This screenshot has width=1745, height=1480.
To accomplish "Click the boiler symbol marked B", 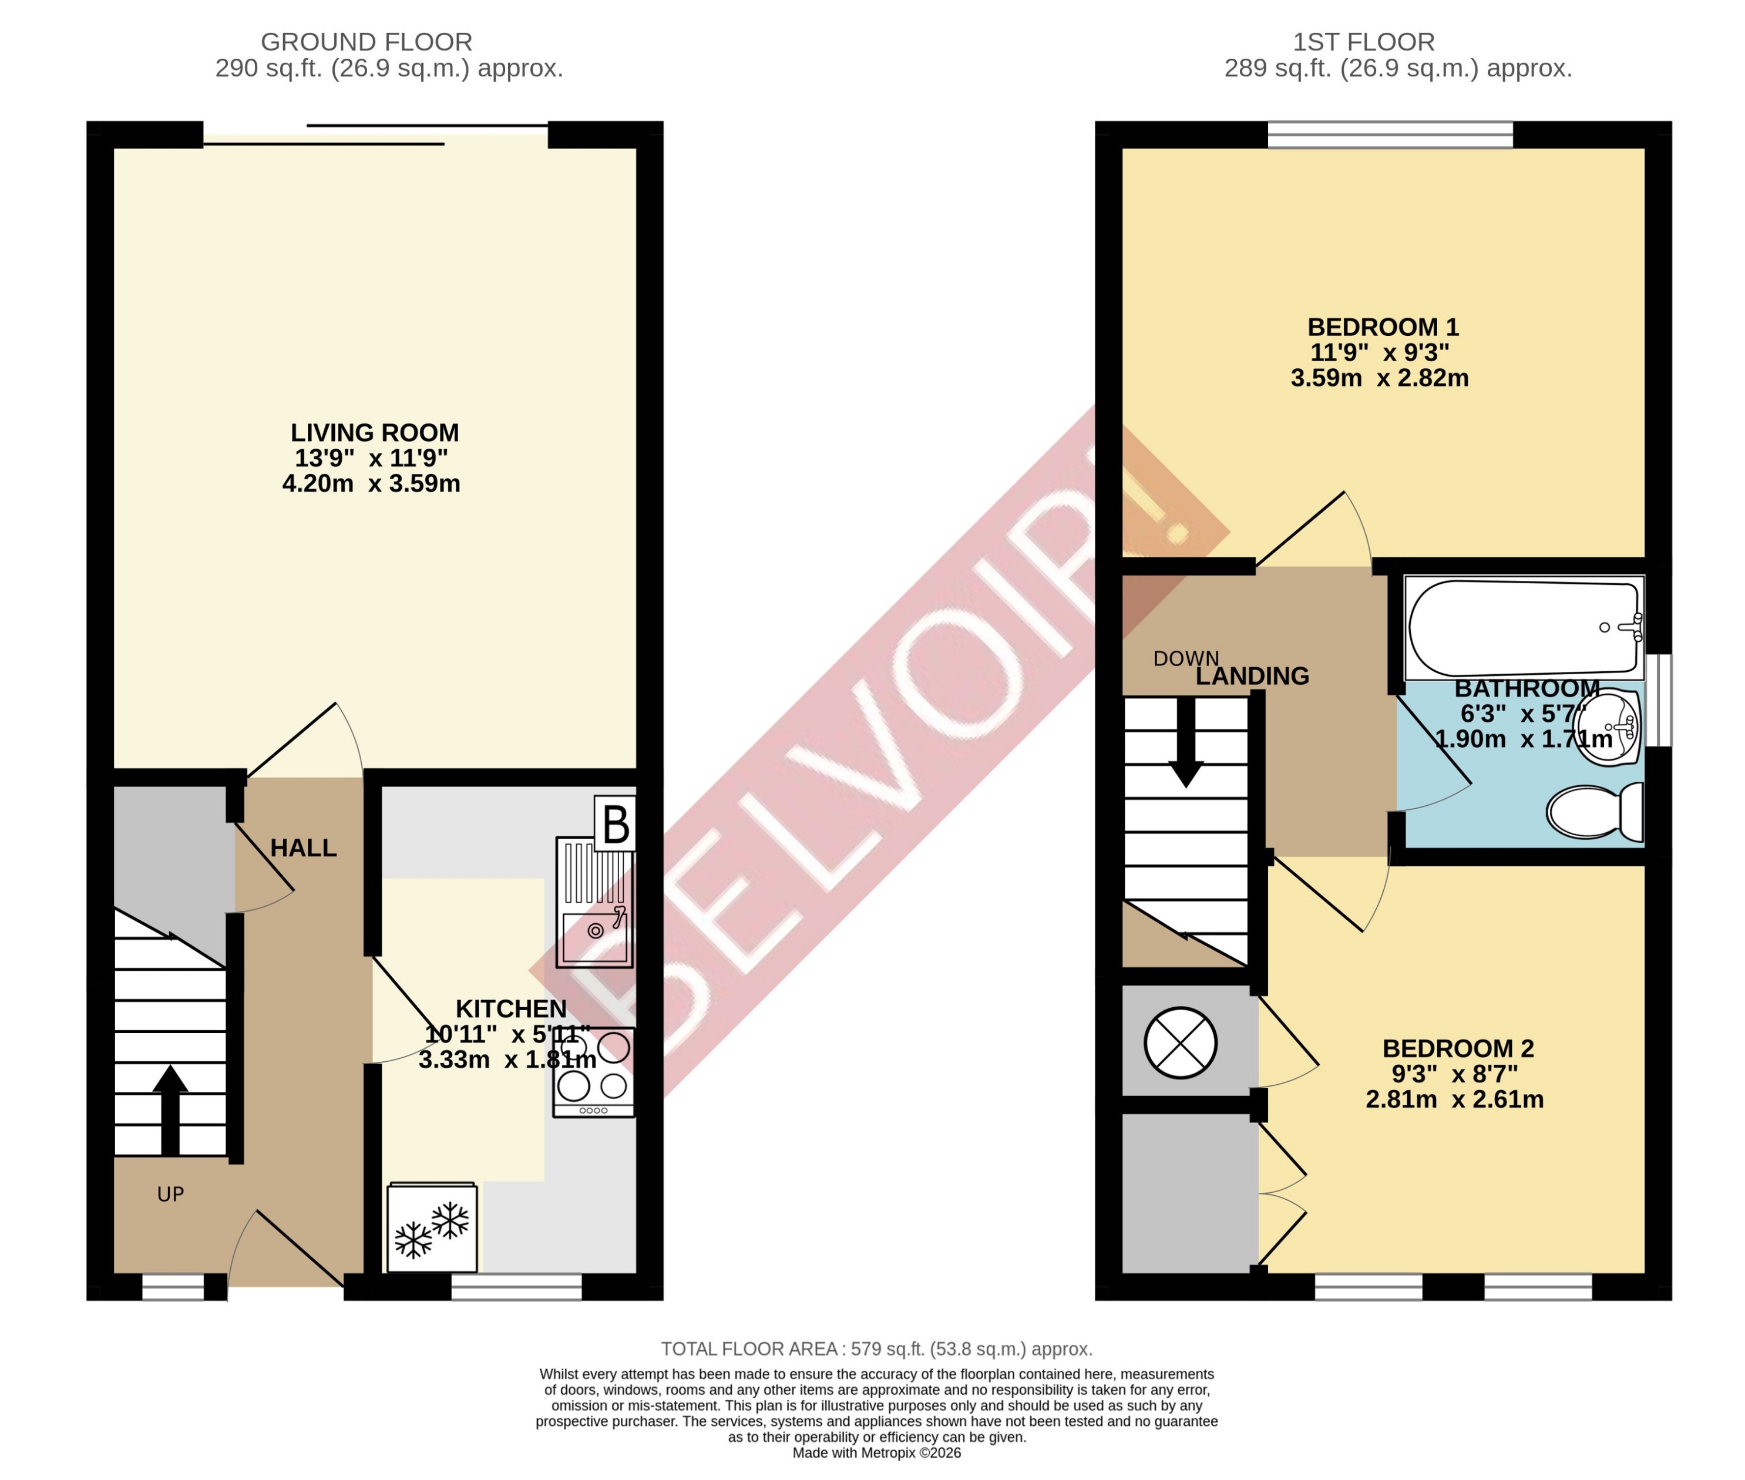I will pos(615,824).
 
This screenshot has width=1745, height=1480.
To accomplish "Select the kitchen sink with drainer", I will pos(594,902).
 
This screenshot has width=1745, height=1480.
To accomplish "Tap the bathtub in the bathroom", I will pos(1522,627).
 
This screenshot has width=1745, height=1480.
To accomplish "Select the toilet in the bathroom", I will pos(1594,811).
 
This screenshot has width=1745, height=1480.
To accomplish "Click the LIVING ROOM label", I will pos(374,433).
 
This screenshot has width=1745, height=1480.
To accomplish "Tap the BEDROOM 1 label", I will pos(1383,327).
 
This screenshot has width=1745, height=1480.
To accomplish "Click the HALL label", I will pos(304,848).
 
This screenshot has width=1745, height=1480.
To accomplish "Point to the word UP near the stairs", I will pos(170,1194).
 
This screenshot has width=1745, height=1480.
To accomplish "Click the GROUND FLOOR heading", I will pos(367,42).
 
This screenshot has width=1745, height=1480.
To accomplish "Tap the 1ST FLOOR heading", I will pos(1363,42).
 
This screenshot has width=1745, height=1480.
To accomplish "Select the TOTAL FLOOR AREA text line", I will pos(876,1349).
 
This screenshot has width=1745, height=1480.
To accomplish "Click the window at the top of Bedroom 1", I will pos(1389,134).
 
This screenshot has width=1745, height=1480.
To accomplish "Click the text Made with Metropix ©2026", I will pos(876,1452).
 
